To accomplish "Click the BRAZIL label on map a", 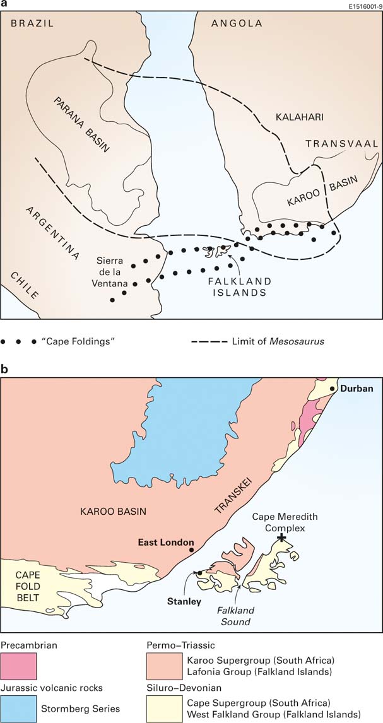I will tap(32, 23).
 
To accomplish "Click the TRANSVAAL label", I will tap(341, 144).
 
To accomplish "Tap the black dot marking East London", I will tap(191, 550).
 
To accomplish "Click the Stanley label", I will tap(184, 601).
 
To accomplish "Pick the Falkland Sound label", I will tap(235, 616).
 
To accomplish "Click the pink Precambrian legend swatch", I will tap(19, 666).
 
